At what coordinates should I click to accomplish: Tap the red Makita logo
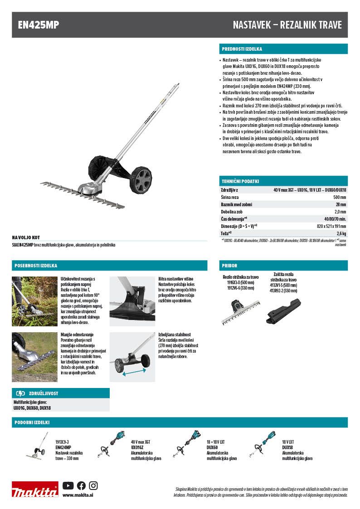pos(35,490)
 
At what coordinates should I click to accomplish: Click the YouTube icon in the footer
pos(68,485)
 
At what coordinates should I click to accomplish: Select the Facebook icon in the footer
pos(81,485)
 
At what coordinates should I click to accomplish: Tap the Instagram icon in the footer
pos(93,485)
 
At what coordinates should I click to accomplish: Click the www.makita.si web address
pos(75,495)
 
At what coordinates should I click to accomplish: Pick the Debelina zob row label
pos(230,212)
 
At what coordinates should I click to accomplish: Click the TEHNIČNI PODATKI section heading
pos(240,181)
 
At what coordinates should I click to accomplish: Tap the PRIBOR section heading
pos(229,266)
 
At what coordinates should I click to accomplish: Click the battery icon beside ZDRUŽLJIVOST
pos(21,393)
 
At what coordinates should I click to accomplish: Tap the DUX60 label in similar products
pos(213,446)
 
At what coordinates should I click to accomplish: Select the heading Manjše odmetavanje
pos(78,334)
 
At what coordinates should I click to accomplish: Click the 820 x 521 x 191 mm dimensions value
pos(331,226)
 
